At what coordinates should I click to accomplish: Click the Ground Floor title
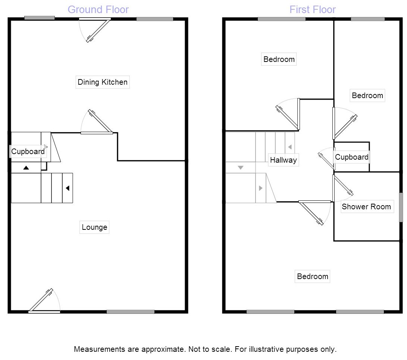[98, 10]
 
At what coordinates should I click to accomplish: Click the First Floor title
[313, 10]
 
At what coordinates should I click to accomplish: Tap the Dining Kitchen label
[103, 82]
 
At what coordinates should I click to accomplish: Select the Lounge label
[94, 227]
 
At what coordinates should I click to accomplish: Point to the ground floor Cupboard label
[28, 151]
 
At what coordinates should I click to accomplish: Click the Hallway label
[284, 160]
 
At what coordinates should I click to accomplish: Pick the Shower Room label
[366, 207]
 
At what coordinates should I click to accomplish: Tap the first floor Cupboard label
[352, 157]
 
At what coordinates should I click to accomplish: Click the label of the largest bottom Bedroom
[313, 276]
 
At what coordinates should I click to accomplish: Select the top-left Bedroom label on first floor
[279, 59]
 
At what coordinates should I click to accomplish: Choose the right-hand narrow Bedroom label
[367, 96]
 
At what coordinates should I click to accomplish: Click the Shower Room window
[401, 207]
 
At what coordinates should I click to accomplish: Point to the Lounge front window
[131, 312]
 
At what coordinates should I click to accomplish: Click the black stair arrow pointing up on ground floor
[26, 168]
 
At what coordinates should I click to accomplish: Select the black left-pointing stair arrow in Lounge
[68, 188]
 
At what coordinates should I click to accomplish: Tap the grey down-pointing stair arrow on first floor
[240, 168]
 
